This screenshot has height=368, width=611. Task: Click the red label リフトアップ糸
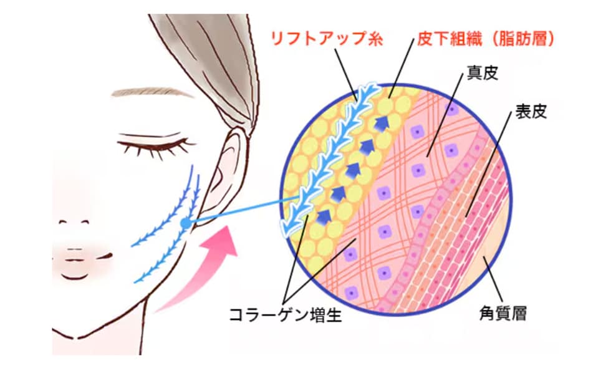327,39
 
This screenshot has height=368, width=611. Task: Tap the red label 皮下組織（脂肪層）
486,39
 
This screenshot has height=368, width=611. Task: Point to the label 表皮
531,112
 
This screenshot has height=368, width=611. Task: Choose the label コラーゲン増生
286,314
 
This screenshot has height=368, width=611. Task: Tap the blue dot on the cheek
186,224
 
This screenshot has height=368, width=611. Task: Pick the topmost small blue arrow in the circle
383,123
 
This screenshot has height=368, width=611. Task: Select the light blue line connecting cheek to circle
242,211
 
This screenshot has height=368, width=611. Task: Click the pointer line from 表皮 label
488,163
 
